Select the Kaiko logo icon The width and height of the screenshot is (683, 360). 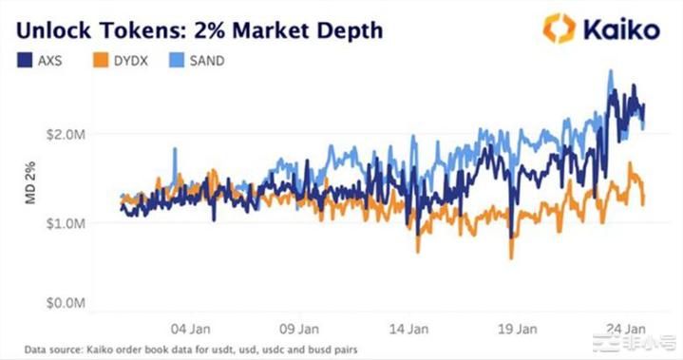click(x=559, y=28)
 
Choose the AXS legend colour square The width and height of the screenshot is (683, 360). click(x=26, y=60)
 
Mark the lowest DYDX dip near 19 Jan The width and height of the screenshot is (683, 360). click(x=512, y=257)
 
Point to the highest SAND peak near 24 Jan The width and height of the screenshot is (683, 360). click(x=609, y=70)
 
